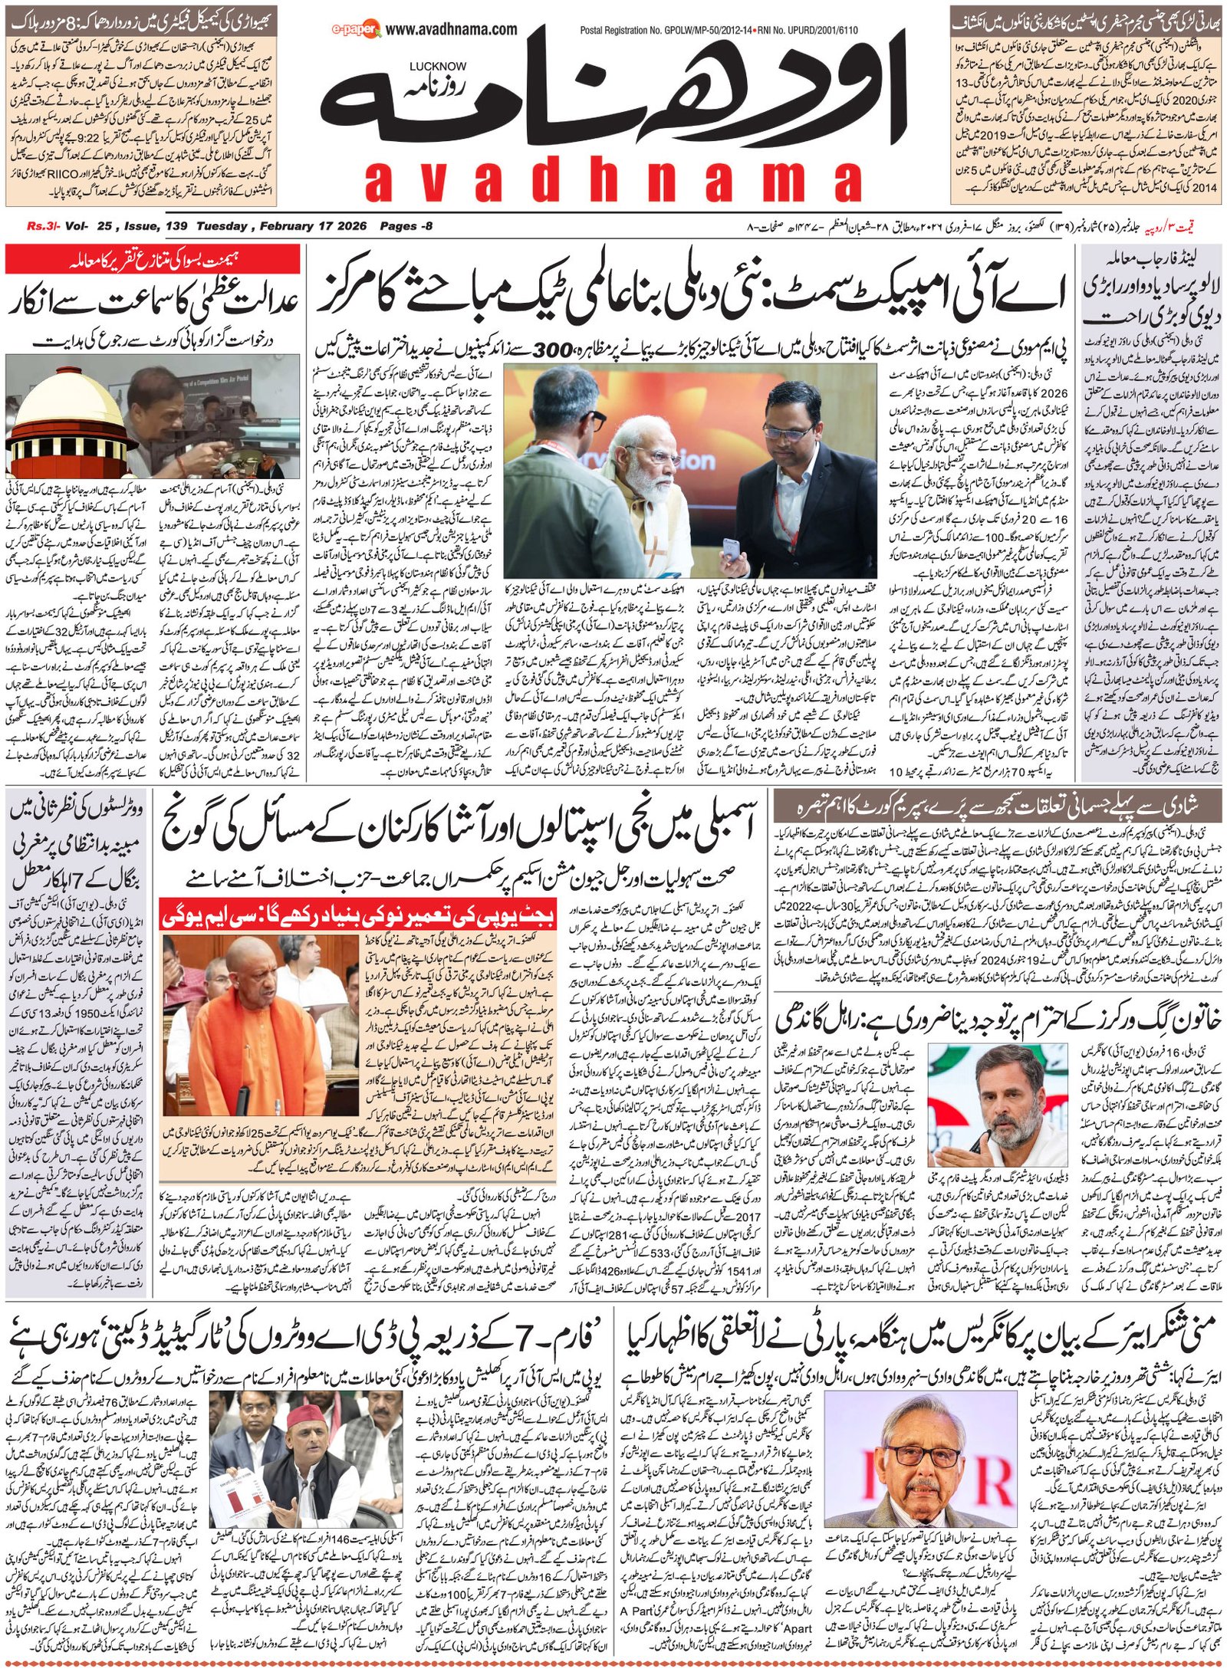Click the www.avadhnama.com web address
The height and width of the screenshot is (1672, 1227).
coord(451,29)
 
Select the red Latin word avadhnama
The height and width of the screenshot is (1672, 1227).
coord(613,182)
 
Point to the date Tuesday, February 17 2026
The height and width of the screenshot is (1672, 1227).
coord(282,226)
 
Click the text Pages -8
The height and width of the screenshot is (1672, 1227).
coord(406,226)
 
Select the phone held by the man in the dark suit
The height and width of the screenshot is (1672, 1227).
coord(734,549)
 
